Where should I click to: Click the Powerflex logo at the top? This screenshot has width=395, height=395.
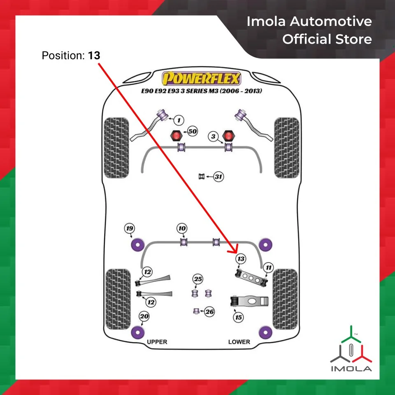(x=201, y=78)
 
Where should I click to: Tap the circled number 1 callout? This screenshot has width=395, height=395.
(x=178, y=120)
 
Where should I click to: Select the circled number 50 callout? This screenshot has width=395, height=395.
(x=192, y=132)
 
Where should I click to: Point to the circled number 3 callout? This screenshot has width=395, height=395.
(x=213, y=137)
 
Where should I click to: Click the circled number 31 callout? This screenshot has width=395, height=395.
(x=218, y=177)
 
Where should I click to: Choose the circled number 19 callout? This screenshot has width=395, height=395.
(x=130, y=228)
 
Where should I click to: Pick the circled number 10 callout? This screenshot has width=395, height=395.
(x=182, y=228)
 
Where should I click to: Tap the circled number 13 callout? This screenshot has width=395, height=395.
(x=240, y=259)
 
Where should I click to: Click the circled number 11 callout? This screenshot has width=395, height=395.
(x=268, y=268)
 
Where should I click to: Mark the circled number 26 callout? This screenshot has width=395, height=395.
(x=209, y=312)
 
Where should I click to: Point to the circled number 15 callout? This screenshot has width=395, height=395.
(x=238, y=317)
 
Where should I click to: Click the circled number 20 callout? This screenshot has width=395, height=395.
(x=144, y=316)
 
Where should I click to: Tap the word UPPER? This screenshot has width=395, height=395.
(x=157, y=342)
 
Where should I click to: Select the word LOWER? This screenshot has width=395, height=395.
(x=239, y=342)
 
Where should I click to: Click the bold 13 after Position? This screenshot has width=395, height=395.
(x=94, y=55)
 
